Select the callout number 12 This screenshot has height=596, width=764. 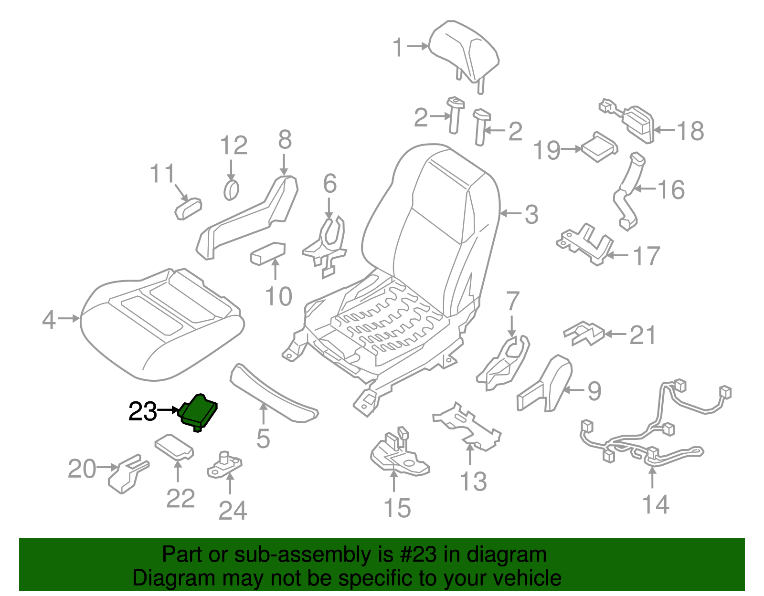(233, 146)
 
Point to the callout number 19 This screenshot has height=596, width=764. (546, 150)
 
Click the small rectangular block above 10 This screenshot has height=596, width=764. (267, 253)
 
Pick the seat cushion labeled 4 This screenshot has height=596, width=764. (162, 324)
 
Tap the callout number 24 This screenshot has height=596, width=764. (233, 511)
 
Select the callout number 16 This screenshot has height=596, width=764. (671, 189)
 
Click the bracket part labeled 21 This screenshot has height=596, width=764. (584, 333)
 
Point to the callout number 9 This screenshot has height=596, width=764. (594, 391)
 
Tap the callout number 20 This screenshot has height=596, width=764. (82, 469)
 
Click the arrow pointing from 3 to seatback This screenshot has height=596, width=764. (511, 213)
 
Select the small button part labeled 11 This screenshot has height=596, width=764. (188, 209)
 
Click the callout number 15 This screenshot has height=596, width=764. (397, 508)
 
